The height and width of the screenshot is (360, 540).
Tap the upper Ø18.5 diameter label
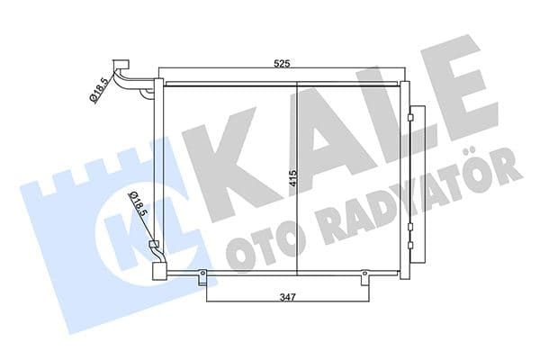click(x=96, y=91)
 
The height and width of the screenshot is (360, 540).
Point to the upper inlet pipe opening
click(x=120, y=64)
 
